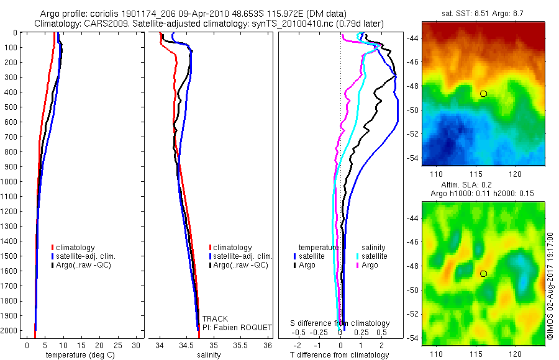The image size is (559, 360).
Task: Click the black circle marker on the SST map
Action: point(483,94)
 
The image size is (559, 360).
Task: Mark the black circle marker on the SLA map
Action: point(483,273)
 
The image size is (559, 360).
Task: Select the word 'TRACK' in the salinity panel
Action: point(216,318)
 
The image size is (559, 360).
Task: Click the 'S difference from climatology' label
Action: point(340,323)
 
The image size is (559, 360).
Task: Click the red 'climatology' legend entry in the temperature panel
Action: point(75,248)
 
